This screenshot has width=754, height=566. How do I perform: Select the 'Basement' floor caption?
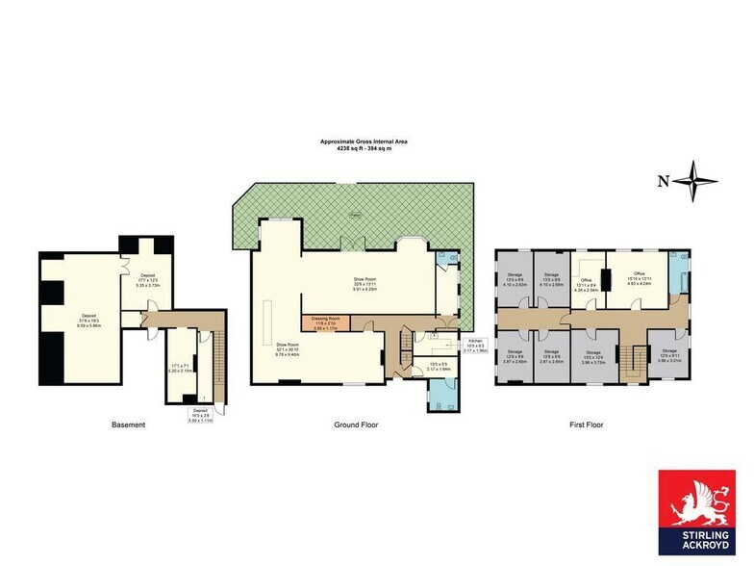128,424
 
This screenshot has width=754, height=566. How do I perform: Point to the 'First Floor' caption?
584,424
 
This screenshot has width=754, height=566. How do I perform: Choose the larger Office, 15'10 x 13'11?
639,280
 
